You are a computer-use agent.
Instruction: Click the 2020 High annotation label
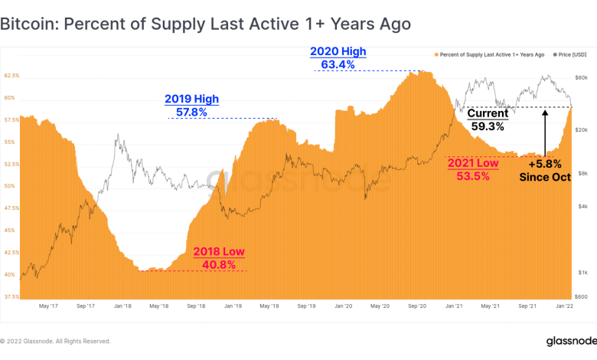[338, 51]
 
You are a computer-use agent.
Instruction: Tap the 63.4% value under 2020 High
[338, 65]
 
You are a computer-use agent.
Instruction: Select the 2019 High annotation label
[191, 99]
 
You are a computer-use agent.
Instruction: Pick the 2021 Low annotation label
[472, 163]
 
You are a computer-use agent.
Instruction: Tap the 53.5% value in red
[472, 176]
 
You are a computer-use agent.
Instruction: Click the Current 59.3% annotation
[488, 119]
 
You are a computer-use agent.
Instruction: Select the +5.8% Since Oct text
[545, 170]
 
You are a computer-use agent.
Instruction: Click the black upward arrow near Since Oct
[545, 133]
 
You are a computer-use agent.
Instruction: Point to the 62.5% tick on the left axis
[11, 76]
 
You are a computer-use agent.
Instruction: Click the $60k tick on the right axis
[581, 78]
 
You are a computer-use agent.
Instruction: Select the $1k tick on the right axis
[582, 273]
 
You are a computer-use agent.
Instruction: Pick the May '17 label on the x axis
[49, 306]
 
